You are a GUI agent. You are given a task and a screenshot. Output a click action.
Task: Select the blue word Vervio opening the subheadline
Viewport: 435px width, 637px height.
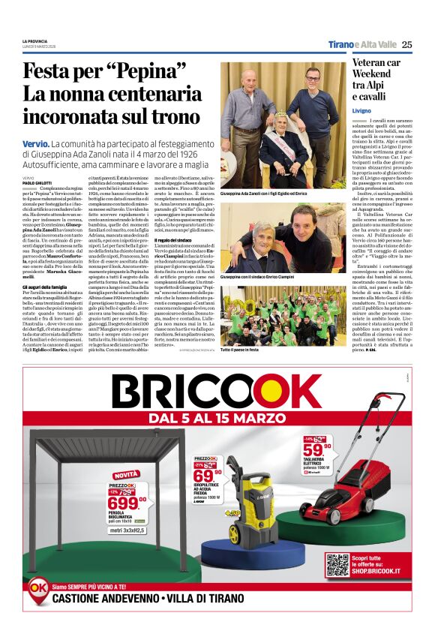pyautogui.click(x=35, y=142)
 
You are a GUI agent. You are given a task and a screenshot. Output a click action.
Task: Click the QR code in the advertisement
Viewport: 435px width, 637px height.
pyautogui.click(x=337, y=565)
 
